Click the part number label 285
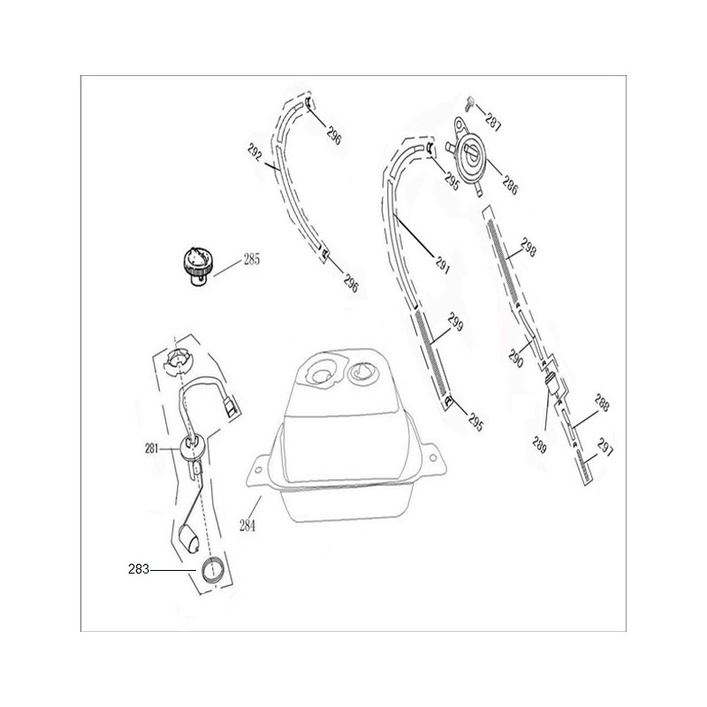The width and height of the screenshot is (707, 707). point(252,260)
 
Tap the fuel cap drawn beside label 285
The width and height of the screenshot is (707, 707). point(197,266)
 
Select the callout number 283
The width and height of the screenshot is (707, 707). point(139,569)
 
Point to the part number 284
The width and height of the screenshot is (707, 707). point(247,526)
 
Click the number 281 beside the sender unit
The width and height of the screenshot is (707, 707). point(151,449)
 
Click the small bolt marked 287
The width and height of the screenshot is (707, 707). point(469,103)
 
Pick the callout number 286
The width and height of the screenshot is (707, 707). point(510,185)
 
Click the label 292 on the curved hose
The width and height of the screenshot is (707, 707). point(255,152)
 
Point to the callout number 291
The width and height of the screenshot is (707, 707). point(443,264)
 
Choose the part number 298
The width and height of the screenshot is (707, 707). point(528,247)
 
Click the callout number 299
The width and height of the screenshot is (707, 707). point(455,322)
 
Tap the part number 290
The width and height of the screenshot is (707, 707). point(516,359)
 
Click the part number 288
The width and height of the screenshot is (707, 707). point(602,403)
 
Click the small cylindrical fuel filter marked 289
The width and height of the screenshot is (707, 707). point(551,384)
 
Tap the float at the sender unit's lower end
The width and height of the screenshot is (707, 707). point(189,537)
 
